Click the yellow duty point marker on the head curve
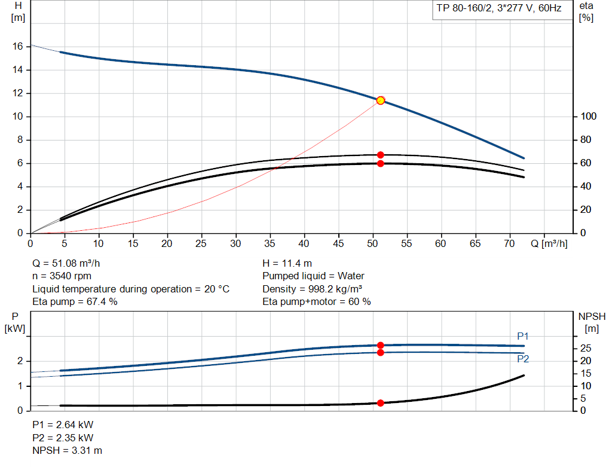[x=380, y=100]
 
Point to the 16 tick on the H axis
[x=19, y=46]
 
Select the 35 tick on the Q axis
[x=271, y=244]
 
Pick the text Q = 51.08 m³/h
[x=70, y=263]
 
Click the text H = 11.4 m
[x=287, y=263]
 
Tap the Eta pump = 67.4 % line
[x=75, y=301]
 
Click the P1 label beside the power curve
[x=523, y=337]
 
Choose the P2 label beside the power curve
[x=523, y=359]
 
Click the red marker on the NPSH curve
[x=380, y=403]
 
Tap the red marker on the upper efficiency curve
[x=380, y=155]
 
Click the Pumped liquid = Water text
[x=314, y=276]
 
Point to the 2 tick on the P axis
[x=20, y=361]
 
